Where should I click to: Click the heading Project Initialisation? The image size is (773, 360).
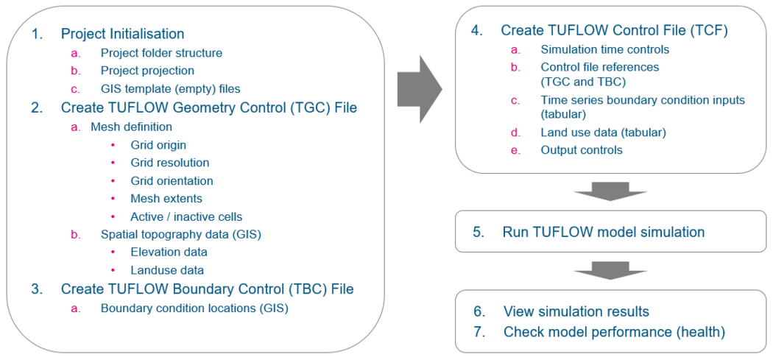[122, 34]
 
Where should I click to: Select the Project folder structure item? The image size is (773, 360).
[161, 53]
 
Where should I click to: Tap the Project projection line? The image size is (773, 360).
[147, 71]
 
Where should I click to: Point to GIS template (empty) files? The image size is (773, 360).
[170, 88]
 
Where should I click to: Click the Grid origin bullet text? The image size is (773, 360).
[158, 145]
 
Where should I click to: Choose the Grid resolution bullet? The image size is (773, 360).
[169, 163]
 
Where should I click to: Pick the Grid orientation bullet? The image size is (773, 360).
[172, 181]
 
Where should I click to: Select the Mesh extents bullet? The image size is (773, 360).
[166, 199]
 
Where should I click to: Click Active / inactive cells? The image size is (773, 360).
[186, 217]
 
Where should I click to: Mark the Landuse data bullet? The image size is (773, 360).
[167, 270]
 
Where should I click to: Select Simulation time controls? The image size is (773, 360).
[604, 49]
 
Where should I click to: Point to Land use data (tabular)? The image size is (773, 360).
[603, 133]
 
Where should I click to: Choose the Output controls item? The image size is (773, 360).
[581, 150]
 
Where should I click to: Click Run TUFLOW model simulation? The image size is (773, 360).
[603, 233]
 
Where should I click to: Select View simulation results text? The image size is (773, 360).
[576, 311]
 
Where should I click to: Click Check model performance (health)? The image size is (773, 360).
[614, 332]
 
